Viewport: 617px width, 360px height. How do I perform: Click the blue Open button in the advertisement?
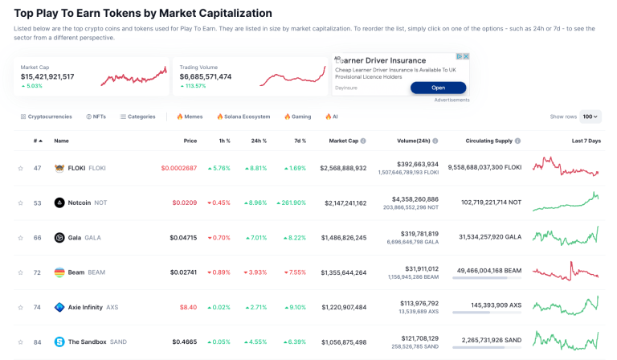point(438,88)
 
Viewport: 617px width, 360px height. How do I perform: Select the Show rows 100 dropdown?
point(590,117)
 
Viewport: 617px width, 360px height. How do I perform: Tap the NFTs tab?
point(96,117)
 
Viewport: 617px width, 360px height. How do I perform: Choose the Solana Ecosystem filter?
point(243,117)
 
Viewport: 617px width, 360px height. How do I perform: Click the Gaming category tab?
point(297,117)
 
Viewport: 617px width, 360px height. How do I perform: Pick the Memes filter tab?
point(190,117)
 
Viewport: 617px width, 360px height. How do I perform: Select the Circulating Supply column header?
point(488,141)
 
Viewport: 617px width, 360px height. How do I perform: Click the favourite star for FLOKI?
point(21,168)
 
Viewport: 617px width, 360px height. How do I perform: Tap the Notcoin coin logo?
point(59,202)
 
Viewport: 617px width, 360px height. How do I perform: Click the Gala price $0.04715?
point(183,238)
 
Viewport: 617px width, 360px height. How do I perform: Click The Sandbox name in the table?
point(86,342)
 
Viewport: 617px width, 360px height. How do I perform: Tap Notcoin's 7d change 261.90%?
point(291,202)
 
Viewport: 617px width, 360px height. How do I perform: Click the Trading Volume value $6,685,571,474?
point(206,76)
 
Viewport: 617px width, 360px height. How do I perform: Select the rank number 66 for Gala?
point(37,238)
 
